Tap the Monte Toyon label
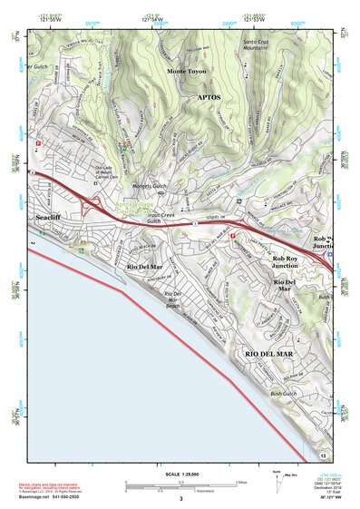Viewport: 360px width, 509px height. click(187, 70)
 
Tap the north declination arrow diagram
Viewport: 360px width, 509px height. click(277, 483)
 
